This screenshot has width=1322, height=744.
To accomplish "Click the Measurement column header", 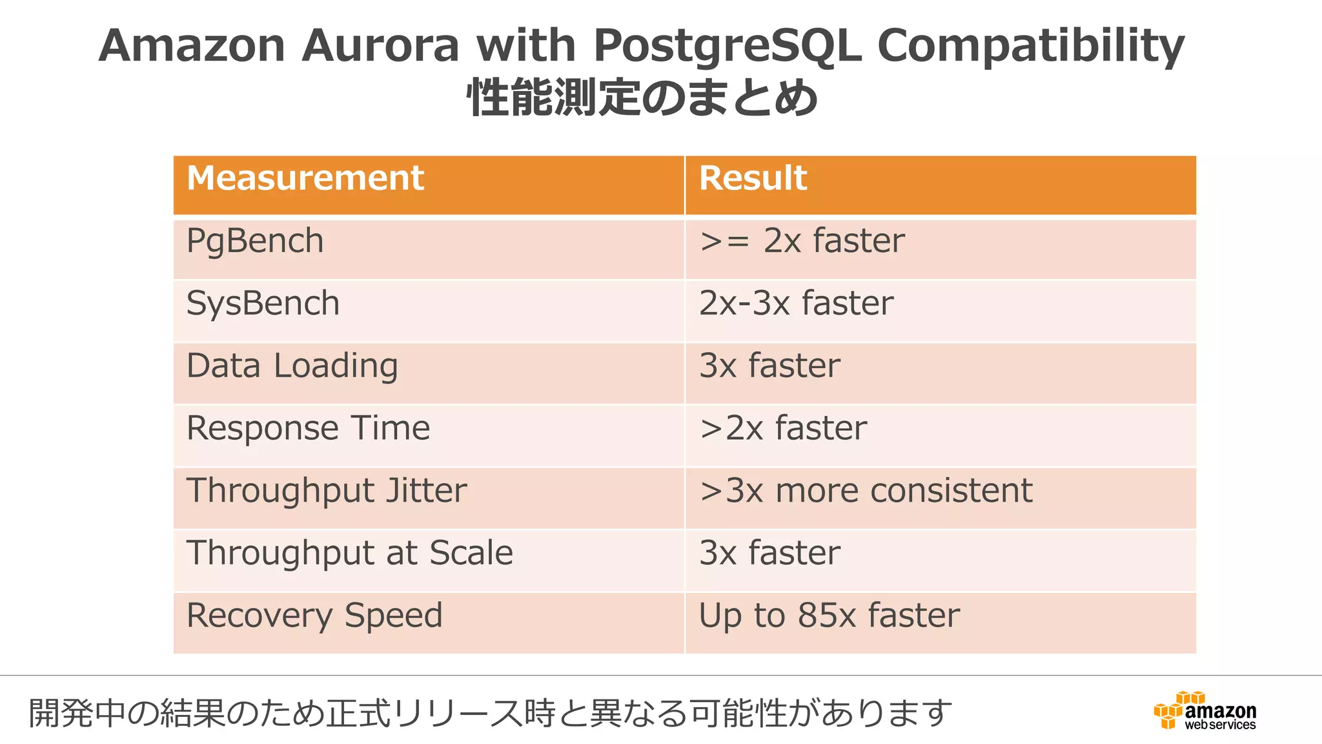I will click(305, 178).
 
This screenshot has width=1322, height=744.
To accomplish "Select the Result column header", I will click(753, 178).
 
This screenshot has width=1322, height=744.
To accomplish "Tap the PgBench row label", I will click(255, 242).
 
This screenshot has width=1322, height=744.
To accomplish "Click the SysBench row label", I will click(263, 304).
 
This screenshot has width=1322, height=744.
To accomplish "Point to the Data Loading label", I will click(292, 366).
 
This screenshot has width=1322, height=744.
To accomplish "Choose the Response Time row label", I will click(308, 428).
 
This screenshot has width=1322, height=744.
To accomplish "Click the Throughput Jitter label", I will click(326, 491).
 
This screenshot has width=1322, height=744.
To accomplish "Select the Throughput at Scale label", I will click(349, 553).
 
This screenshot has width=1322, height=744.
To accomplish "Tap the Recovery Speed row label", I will click(314, 615).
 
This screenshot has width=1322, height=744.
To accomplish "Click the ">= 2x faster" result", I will click(802, 242).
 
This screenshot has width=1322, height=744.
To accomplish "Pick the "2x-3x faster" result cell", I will click(796, 304).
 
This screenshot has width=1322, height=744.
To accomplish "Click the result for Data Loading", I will click(769, 366).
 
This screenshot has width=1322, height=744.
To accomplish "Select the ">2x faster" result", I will click(783, 428).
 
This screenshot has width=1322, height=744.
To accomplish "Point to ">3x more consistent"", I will click(866, 491).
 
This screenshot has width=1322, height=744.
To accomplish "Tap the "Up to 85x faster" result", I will click(829, 615).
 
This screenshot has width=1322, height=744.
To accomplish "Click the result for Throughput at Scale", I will click(769, 553).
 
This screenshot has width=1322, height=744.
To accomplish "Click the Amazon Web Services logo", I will click(1205, 710).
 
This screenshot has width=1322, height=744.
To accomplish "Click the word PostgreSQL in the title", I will click(727, 46).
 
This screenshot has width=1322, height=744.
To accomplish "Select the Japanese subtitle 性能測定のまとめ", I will click(642, 98).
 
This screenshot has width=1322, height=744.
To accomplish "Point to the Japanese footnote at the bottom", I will click(491, 713).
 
